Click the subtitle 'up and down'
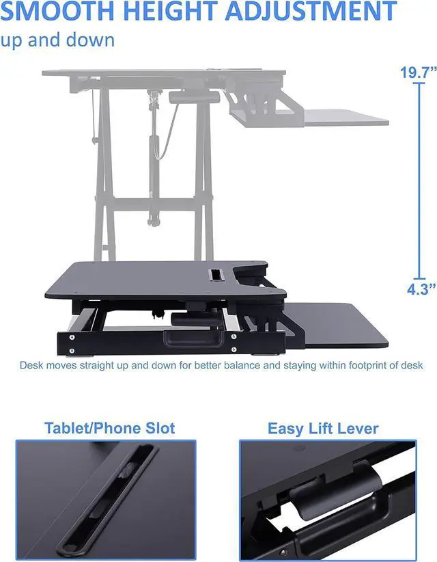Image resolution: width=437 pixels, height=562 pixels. [x=57, y=39]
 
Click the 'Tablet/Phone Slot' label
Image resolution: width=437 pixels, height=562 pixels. [x=109, y=428]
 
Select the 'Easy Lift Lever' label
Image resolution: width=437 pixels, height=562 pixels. [x=323, y=429]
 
